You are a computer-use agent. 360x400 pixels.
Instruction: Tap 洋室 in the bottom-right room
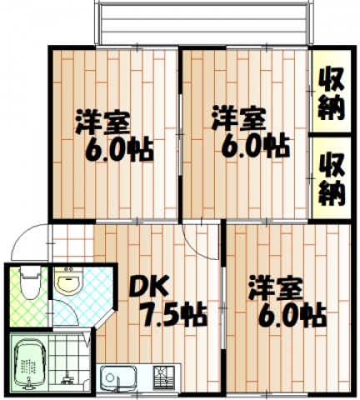(x=276, y=289)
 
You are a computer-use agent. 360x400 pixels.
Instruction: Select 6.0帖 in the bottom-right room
(x=290, y=317)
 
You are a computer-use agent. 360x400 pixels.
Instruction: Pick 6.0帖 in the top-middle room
(x=254, y=147)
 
